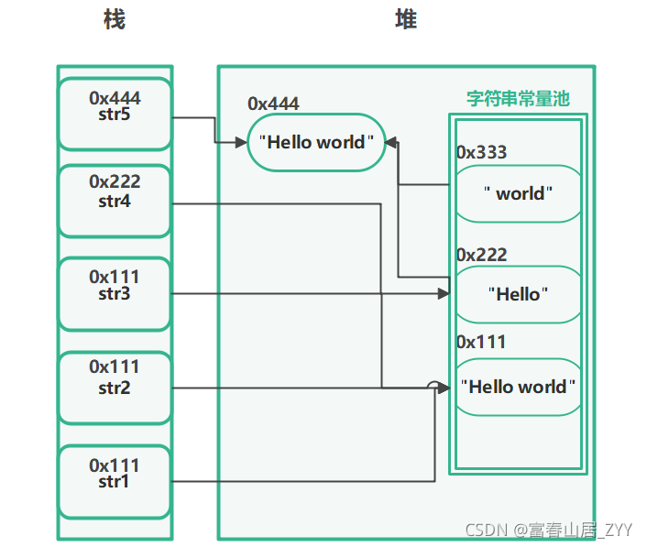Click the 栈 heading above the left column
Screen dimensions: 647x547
(115, 19)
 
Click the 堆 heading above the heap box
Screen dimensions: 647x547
(406, 19)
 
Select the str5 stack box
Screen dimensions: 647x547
(115, 114)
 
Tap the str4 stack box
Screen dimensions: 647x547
(115, 201)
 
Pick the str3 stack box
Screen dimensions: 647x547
(115, 294)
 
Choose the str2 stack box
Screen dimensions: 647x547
(115, 388)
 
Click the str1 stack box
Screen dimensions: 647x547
(115, 481)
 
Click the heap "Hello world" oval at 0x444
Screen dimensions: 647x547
(316, 142)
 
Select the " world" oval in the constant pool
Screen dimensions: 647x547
(519, 193)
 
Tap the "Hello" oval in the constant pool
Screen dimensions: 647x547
(519, 294)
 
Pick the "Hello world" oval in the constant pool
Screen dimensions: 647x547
(519, 387)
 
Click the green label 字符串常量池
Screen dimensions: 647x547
(519, 99)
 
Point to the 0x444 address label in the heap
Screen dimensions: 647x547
(273, 104)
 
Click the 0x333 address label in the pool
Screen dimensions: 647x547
(481, 152)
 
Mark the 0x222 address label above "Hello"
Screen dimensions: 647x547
(481, 255)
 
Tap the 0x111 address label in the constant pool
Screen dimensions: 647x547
(481, 342)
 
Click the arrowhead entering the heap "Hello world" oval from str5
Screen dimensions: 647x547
(241, 143)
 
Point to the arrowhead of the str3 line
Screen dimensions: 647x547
(444, 294)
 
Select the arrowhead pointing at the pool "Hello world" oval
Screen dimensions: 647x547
(444, 388)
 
